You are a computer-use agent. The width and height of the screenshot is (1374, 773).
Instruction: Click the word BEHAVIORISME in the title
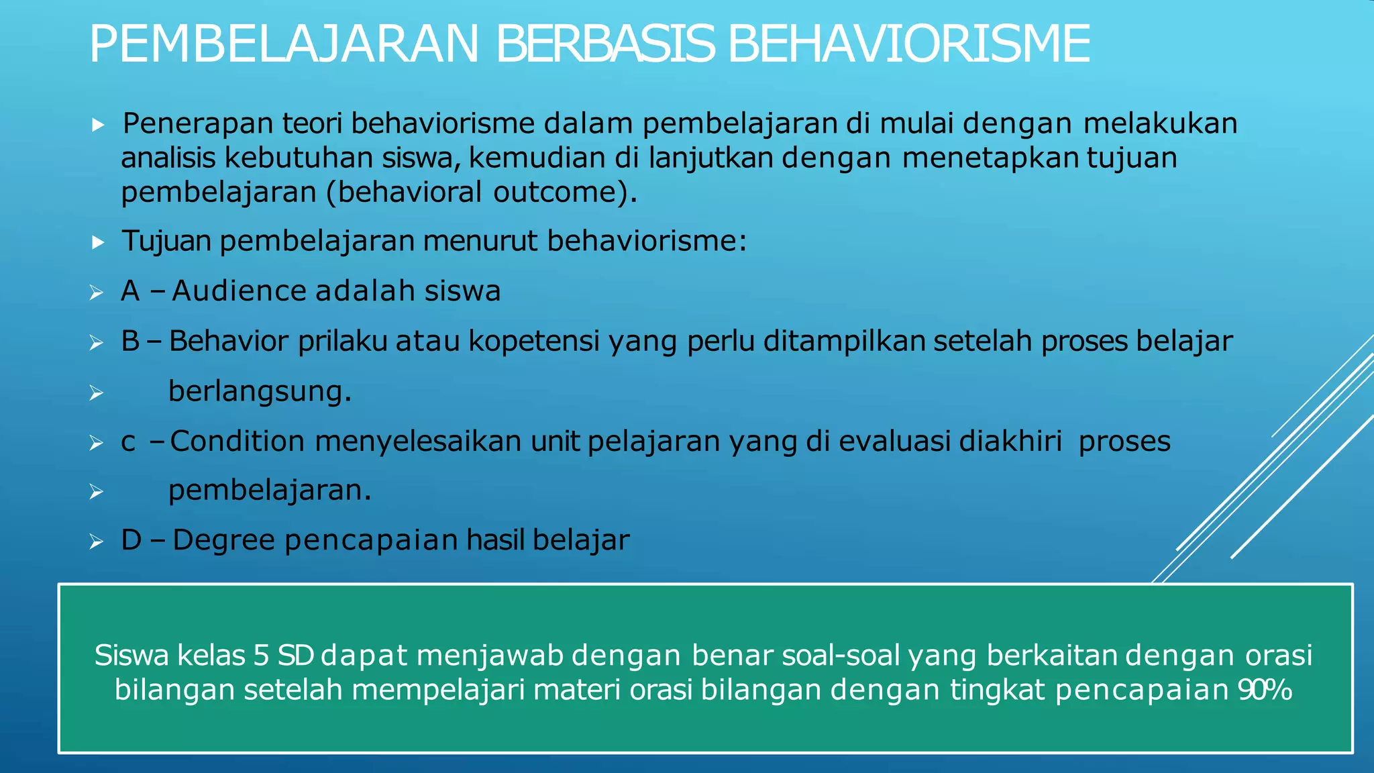[x=908, y=44]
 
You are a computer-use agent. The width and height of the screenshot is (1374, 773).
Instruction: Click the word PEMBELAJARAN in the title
[x=284, y=44]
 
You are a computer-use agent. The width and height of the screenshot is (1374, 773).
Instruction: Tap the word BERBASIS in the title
[x=605, y=44]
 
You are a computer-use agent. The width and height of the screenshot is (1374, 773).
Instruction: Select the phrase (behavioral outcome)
[x=481, y=193]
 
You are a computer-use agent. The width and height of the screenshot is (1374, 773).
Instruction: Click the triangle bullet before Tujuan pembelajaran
[x=98, y=242]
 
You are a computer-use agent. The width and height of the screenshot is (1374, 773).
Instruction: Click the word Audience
[x=239, y=291]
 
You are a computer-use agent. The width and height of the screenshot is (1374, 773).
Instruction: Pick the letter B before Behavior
[x=129, y=342]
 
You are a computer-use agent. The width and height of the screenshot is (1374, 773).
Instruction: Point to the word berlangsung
[x=260, y=391]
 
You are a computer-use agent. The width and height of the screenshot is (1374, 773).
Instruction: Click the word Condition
[x=237, y=442]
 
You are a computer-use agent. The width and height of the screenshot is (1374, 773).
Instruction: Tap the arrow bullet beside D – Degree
[x=97, y=542]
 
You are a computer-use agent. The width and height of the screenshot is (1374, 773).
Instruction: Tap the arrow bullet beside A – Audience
[x=97, y=293]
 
